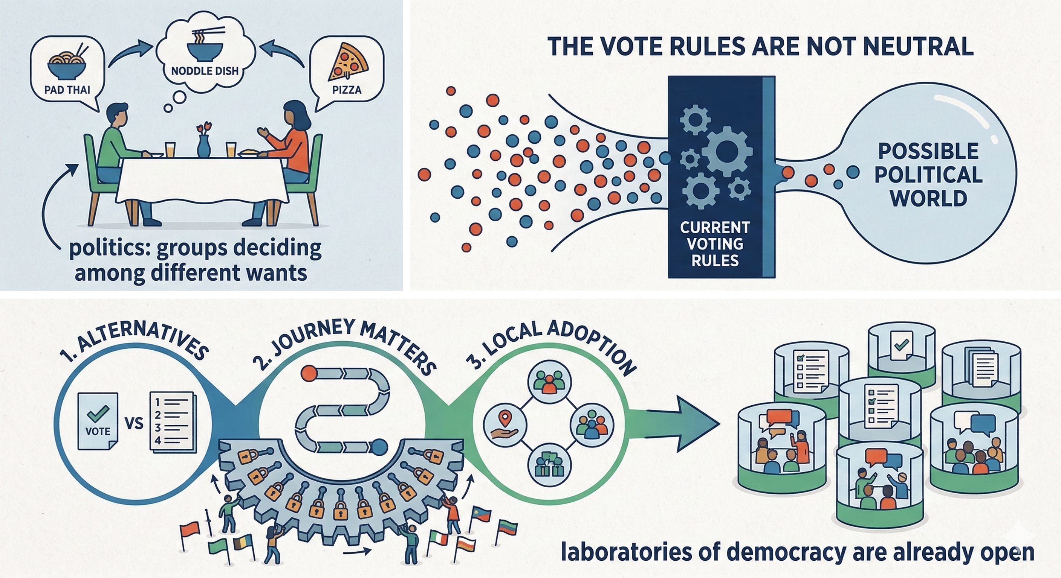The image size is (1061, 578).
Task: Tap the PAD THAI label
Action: pyautogui.click(x=67, y=89)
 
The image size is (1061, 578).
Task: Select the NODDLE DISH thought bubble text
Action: pyautogui.click(x=205, y=71)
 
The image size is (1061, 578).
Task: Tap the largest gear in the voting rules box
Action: pyautogui.click(x=726, y=151)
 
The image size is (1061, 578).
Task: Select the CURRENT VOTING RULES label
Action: pyautogui.click(x=715, y=243)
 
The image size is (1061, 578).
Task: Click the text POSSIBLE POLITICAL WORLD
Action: pyautogui.click(x=928, y=175)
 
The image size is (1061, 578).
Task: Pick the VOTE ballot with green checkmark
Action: pyautogui.click(x=98, y=421)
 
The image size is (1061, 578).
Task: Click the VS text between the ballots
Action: pyautogui.click(x=133, y=423)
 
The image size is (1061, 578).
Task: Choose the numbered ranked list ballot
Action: pyautogui.click(x=172, y=422)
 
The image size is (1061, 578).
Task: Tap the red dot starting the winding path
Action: pyautogui.click(x=309, y=374)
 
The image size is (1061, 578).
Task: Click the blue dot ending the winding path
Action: pyautogui.click(x=379, y=446)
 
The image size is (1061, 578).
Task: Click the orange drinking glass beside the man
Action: pyautogui.click(x=170, y=149)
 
